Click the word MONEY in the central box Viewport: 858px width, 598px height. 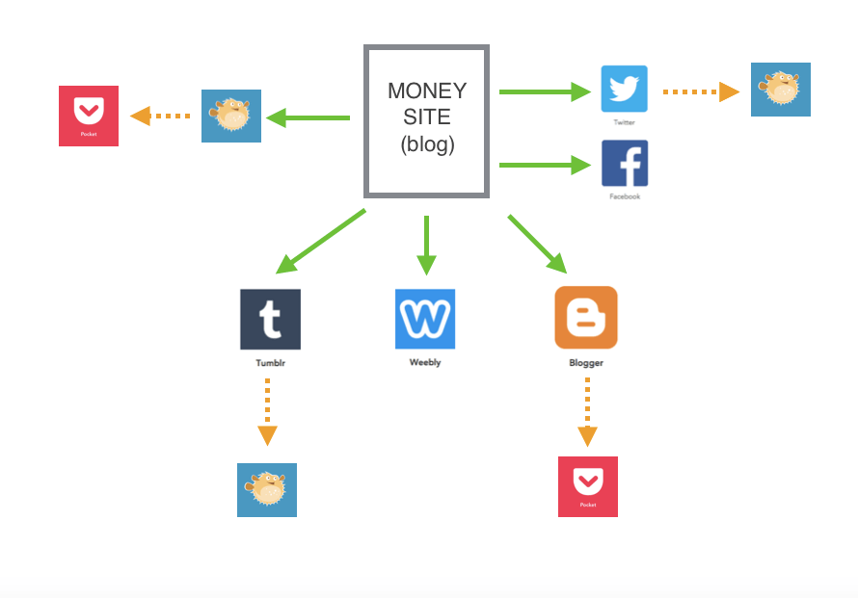tap(426, 91)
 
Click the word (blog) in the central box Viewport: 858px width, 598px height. tap(426, 145)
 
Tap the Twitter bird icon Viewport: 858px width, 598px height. tap(624, 89)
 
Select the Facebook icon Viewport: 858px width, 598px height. tap(624, 163)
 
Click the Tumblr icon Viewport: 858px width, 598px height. tap(270, 319)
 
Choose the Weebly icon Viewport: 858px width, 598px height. tap(424, 319)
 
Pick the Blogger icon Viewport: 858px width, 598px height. tap(586, 318)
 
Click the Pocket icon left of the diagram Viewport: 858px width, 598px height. tap(89, 116)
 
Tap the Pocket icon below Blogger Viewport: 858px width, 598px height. tap(588, 486)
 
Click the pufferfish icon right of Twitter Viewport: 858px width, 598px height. tap(781, 90)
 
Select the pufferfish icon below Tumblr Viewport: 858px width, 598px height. tap(267, 489)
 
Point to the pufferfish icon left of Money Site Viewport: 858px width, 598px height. tap(231, 116)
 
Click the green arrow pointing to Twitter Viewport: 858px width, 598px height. tap(544, 91)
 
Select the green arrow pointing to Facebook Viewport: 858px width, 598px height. tap(544, 165)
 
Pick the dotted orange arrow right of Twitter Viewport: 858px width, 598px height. tap(700, 91)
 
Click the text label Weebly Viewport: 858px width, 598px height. tap(424, 363)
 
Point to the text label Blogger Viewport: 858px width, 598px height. tap(586, 363)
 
